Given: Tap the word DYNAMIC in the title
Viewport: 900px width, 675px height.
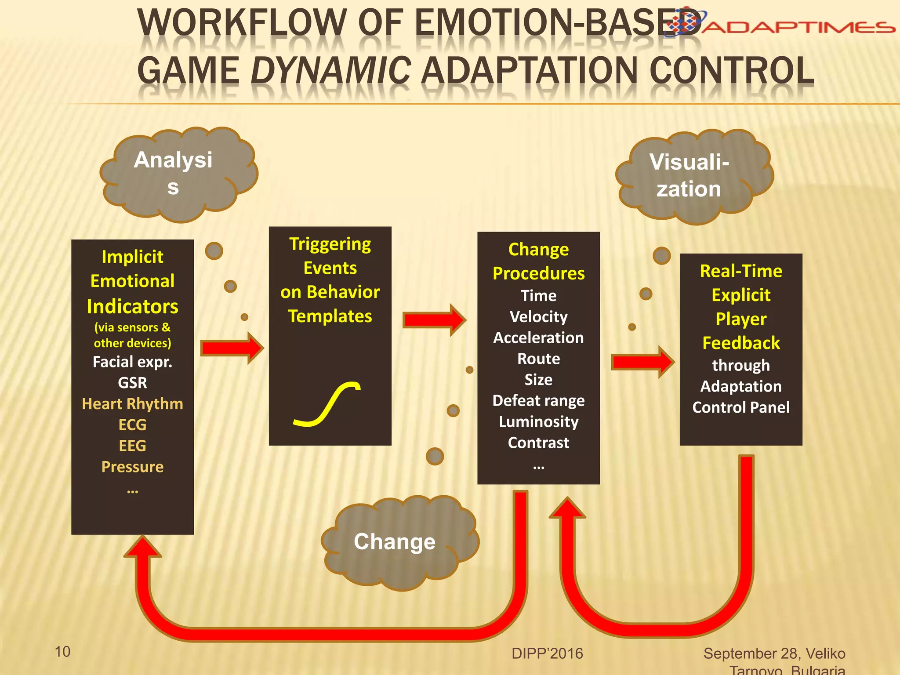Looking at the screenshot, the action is tap(331, 70).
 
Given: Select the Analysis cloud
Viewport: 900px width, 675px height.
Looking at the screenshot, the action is tap(178, 174).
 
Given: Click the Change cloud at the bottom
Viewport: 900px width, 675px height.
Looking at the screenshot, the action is tap(400, 542).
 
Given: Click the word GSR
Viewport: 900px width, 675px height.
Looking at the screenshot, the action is tap(132, 383).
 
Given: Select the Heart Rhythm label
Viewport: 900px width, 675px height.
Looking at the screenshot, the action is tap(132, 404).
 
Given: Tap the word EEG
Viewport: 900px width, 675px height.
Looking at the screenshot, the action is tap(132, 446).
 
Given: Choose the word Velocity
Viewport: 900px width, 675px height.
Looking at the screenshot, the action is tap(538, 317).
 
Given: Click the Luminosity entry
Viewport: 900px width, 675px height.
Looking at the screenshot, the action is tap(538, 422).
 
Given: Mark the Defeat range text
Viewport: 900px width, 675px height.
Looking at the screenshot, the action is tap(538, 401).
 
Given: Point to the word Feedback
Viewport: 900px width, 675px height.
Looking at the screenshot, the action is tap(741, 343).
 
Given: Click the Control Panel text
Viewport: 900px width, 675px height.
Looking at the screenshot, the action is tap(741, 407).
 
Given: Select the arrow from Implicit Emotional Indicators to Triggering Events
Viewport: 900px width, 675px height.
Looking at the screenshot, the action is tap(232, 348).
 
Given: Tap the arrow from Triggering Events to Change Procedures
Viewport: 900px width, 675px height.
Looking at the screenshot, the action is tap(435, 320).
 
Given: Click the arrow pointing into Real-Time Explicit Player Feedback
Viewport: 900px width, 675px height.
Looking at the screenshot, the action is tap(643, 362).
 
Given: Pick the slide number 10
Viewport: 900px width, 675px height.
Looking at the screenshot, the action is tap(62, 652).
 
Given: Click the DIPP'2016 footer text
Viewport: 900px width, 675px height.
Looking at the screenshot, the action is tap(547, 653).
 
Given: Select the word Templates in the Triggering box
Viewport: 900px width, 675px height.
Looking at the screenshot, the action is tap(330, 316).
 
